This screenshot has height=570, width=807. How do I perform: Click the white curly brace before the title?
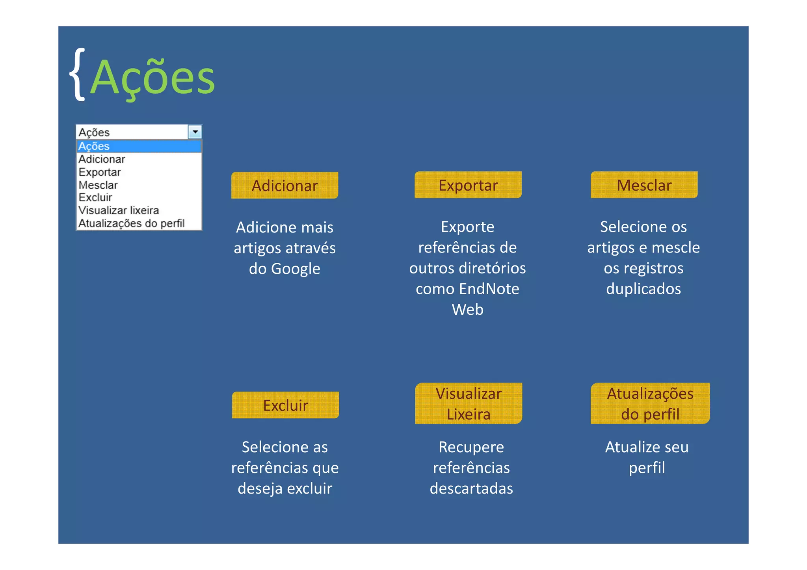[x=78, y=74]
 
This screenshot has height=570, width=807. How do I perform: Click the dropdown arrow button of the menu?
[x=195, y=132]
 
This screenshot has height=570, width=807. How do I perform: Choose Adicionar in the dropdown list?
[x=102, y=159]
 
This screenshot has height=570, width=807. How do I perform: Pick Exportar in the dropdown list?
[x=99, y=172]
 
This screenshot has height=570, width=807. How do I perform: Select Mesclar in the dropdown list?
[x=98, y=185]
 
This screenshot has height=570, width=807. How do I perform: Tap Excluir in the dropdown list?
[x=95, y=197]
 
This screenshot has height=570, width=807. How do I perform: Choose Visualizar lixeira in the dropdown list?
[x=119, y=210]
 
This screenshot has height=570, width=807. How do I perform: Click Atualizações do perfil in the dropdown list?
[x=131, y=223]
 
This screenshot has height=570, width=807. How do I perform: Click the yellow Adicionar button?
[x=284, y=186]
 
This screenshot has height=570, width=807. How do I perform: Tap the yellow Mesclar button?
[x=644, y=185]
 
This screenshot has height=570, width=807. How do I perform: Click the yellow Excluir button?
[x=285, y=405]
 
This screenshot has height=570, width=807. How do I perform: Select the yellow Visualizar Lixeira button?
[x=468, y=404]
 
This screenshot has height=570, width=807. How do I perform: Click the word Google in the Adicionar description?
[x=296, y=269]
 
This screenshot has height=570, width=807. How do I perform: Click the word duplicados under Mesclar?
[x=643, y=289]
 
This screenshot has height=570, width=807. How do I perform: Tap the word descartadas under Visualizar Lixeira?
[x=471, y=488]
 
